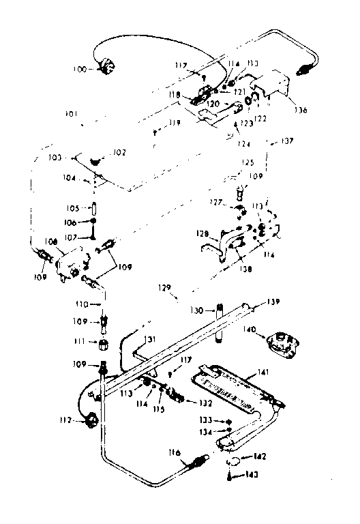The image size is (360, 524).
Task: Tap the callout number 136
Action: (301, 109)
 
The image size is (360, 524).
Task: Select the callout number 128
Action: (202, 234)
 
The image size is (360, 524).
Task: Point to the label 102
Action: (119, 153)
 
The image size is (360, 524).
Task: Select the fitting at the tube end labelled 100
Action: (106, 67)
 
